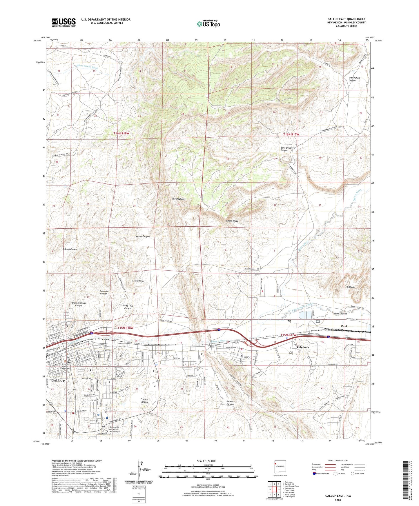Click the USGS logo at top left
click(64, 22)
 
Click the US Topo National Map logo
click(208, 24)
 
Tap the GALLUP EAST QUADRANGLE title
click(346, 19)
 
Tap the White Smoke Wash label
click(87, 67)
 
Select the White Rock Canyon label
click(354, 79)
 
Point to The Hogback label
click(178, 199)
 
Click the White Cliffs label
click(232, 221)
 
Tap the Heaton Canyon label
click(142, 236)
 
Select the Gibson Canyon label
click(70, 249)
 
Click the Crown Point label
click(138, 281)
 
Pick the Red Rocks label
click(351, 287)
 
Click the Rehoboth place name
click(303, 347)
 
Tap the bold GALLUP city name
click(58, 381)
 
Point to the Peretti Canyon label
click(230, 403)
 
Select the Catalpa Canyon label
click(144, 401)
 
